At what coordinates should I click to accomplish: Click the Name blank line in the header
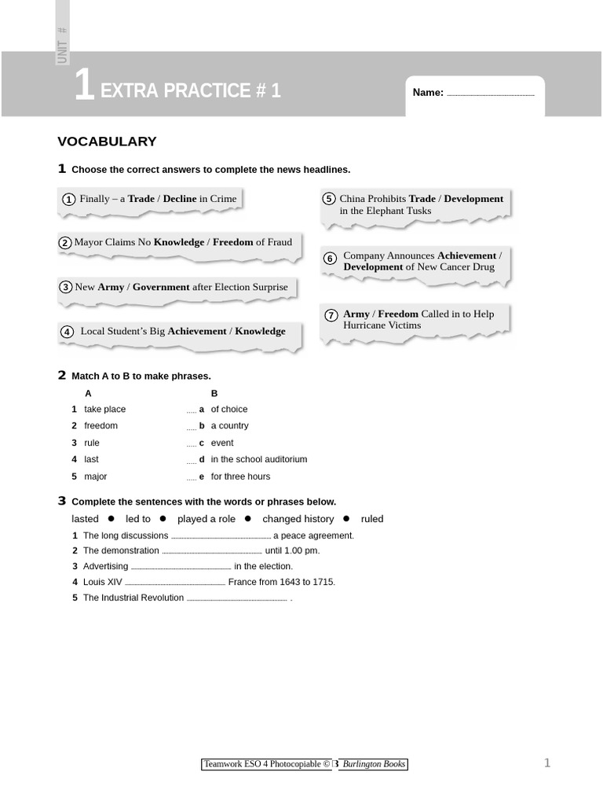(x=490, y=94)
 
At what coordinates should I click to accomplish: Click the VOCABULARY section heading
(x=107, y=142)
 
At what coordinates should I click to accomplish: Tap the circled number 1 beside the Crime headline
(x=69, y=200)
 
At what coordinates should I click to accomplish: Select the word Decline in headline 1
(x=180, y=199)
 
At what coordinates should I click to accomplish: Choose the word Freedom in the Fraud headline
(x=233, y=242)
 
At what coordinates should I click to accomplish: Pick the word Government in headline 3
(x=161, y=287)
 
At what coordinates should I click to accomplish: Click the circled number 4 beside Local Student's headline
(x=68, y=332)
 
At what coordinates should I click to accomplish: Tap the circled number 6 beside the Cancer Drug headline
(x=330, y=259)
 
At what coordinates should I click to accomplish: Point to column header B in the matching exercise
(x=214, y=393)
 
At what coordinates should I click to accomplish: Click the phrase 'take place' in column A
(x=104, y=410)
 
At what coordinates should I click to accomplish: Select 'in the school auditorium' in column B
(x=259, y=459)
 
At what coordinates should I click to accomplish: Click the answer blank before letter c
(x=192, y=444)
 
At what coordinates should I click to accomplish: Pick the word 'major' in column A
(x=96, y=476)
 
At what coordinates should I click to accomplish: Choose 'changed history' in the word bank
(x=298, y=519)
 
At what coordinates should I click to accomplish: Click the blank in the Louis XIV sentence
(x=175, y=583)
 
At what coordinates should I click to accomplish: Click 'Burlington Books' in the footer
(x=374, y=764)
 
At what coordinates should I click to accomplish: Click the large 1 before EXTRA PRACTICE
(x=84, y=86)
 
